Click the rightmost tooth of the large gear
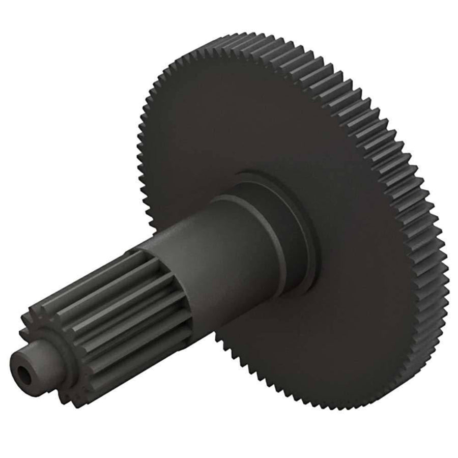tap(445, 265)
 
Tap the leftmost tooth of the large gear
tap(139, 153)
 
